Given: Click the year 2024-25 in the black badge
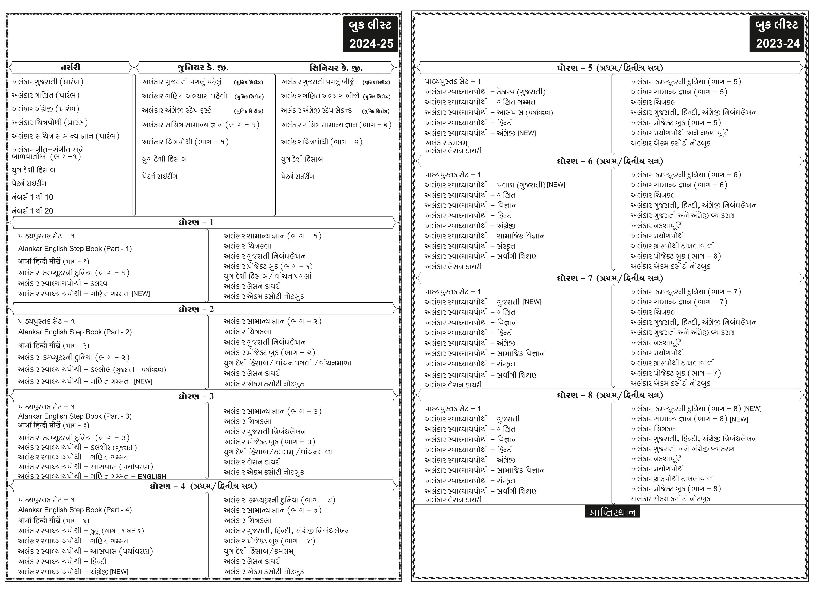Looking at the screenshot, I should tap(371, 44).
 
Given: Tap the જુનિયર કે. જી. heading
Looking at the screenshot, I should tap(203, 68).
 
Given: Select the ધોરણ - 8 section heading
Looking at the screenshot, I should tap(609, 395).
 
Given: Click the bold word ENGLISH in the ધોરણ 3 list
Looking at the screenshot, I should tap(152, 477).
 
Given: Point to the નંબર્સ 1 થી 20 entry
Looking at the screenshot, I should tap(32, 211).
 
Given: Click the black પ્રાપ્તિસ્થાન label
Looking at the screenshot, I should tap(612, 512).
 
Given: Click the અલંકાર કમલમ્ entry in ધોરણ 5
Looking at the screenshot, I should tap(446, 143).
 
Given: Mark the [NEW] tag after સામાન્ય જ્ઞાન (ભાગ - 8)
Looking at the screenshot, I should tap(739, 419).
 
